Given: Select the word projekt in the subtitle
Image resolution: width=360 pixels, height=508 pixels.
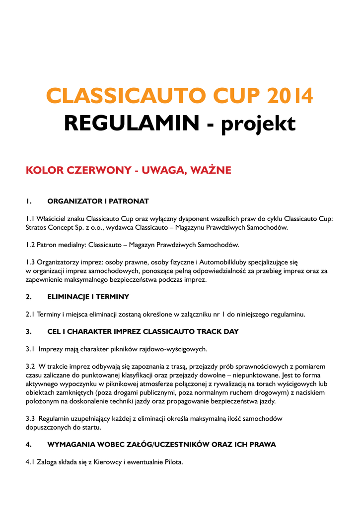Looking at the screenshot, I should point(258,124).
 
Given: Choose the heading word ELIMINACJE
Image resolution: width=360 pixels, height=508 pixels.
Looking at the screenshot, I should point(71,297).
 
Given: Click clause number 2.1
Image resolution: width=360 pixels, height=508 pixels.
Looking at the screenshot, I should point(30,314).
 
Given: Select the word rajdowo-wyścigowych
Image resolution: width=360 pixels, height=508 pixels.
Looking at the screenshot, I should point(173,349).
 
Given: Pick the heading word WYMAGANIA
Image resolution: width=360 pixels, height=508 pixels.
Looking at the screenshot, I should point(72,444).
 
